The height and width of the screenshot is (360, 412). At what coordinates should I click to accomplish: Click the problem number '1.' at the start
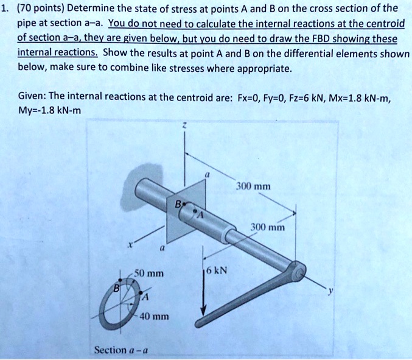pyautogui.click(x=7, y=8)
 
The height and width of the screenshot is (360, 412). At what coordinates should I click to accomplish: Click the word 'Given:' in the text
pyautogui.click(x=33, y=97)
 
